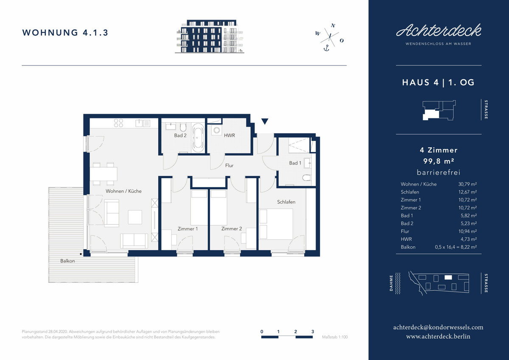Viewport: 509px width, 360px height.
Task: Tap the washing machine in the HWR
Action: pyautogui.click(x=217, y=130)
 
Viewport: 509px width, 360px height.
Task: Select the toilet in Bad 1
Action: pyautogui.click(x=307, y=177)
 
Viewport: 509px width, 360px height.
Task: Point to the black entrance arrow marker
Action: pyautogui.click(x=265, y=121)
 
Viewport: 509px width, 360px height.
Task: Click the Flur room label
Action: pyautogui.click(x=229, y=165)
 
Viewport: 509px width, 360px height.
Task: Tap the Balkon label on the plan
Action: pyautogui.click(x=67, y=261)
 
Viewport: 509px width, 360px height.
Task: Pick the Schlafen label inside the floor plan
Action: pyautogui.click(x=286, y=202)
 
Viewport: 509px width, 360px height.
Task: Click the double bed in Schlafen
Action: pyautogui.click(x=276, y=224)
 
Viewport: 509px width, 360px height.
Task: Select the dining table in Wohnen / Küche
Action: pyautogui.click(x=103, y=174)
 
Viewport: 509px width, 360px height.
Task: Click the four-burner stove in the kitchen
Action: pyautogui.click(x=118, y=123)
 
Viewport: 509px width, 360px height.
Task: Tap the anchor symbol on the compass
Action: pyautogui.click(x=326, y=48)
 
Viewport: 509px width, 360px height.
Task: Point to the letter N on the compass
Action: pyautogui.click(x=333, y=25)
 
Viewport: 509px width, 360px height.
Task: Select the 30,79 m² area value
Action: pyautogui.click(x=467, y=184)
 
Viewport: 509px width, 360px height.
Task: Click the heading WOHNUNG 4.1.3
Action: pyautogui.click(x=65, y=33)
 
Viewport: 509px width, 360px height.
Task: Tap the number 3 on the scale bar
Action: pyautogui.click(x=313, y=332)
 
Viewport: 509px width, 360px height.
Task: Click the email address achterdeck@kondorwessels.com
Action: pyautogui.click(x=438, y=327)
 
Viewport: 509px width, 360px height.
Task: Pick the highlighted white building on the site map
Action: pyautogui.click(x=448, y=277)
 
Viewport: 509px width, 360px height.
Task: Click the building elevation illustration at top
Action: pyautogui.click(x=210, y=37)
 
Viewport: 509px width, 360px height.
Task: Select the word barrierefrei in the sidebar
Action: pyautogui.click(x=439, y=172)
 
